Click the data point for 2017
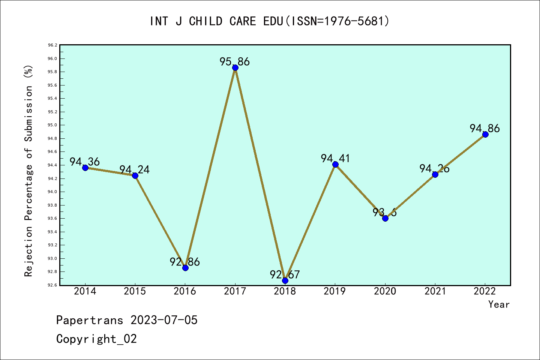(235, 68)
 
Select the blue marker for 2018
(285, 280)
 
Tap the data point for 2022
(485, 135)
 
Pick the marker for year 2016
(185, 268)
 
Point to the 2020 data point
(385, 218)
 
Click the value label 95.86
(235, 61)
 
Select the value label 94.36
(85, 162)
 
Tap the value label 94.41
(335, 158)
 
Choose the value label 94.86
(485, 128)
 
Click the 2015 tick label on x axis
(135, 291)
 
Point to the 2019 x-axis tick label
(335, 291)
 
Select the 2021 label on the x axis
(435, 291)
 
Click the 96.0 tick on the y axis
(52, 58)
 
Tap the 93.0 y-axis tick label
(52, 258)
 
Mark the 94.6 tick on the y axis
(52, 152)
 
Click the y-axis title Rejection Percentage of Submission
(28, 171)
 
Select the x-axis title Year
(499, 304)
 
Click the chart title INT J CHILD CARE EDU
(270, 21)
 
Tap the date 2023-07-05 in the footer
(164, 320)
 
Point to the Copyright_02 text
(97, 339)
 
